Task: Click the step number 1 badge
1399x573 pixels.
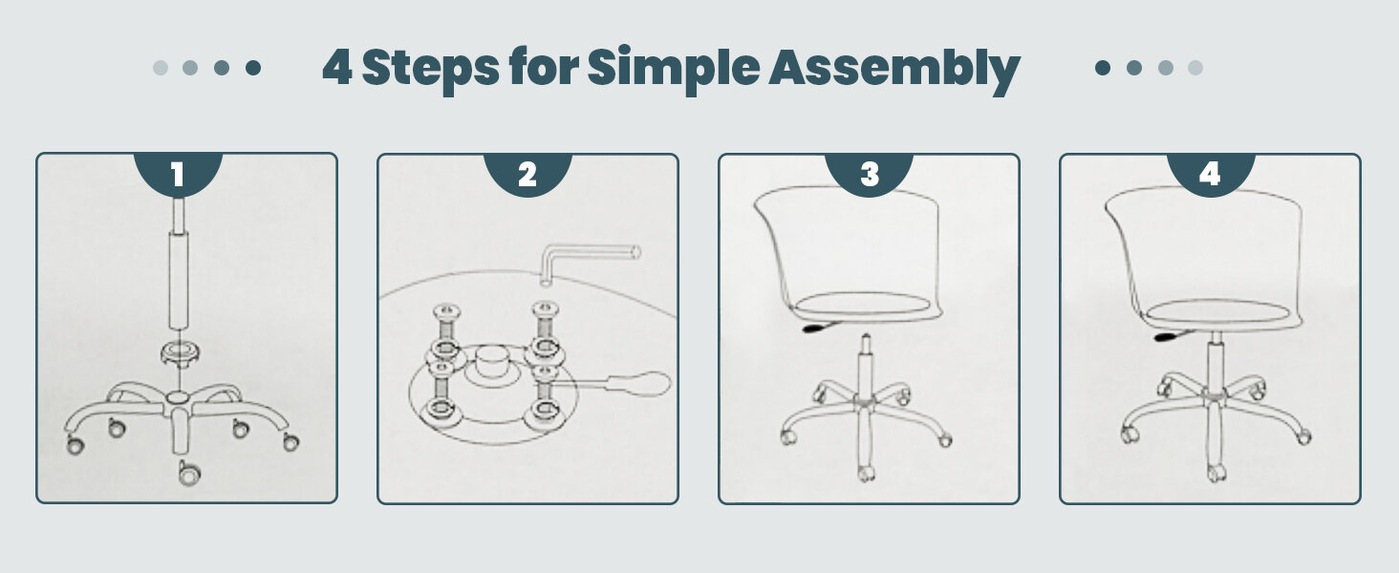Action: pos(177,174)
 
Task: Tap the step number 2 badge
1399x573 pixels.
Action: pos(527,174)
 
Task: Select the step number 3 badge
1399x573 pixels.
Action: pos(869,174)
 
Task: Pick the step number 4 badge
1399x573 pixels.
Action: pos(1210,174)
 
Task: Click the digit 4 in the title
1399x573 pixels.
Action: pos(336,69)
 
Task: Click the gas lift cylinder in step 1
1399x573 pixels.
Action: pos(179,282)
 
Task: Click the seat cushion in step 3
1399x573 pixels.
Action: pos(864,306)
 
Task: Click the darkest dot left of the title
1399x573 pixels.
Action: pos(253,68)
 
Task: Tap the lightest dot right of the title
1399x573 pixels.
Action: pos(1195,68)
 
